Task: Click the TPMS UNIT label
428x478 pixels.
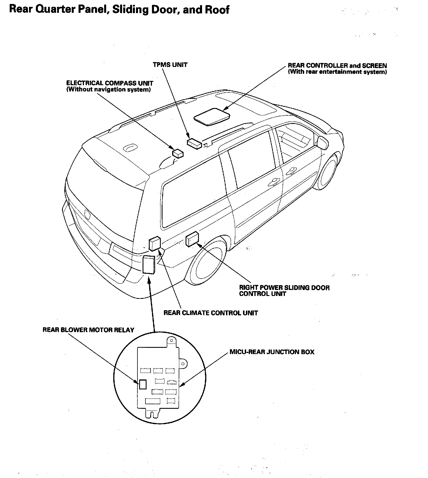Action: (x=170, y=65)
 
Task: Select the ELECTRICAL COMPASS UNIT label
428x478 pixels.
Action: (x=110, y=83)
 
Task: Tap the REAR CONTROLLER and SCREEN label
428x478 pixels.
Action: (x=337, y=66)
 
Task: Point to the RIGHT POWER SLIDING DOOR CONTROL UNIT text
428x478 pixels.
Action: (x=284, y=291)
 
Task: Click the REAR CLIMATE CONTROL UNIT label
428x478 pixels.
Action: (x=211, y=313)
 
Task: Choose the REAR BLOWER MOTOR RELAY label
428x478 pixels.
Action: (x=88, y=330)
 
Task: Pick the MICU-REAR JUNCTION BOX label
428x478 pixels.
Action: (x=272, y=352)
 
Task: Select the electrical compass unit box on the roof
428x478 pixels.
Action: (x=178, y=153)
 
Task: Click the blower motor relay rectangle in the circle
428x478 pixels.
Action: (x=143, y=384)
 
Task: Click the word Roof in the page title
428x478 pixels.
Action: (x=217, y=10)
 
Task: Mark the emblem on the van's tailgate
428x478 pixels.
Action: (x=87, y=214)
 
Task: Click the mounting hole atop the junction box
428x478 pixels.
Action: (x=172, y=340)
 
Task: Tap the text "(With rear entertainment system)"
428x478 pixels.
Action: (x=337, y=72)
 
